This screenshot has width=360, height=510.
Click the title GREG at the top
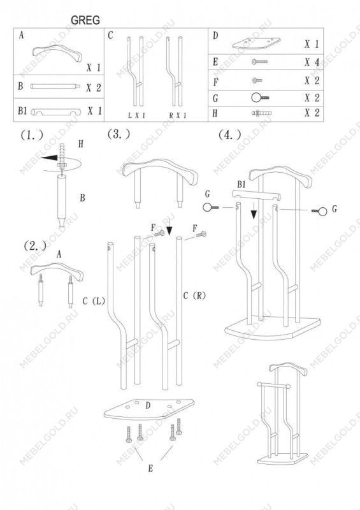pos(85,20)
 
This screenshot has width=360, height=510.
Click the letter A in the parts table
pos(22,35)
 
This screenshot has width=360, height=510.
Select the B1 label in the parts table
pos(22,110)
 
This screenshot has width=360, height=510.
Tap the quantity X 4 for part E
pos(312,62)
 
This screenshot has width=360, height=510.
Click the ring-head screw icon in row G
pos(260,98)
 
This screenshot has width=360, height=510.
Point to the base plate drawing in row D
pos(257,43)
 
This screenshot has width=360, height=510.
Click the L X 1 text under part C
pos(136,115)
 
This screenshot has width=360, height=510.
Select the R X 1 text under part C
pos(178,115)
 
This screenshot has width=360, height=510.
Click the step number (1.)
pos(32,135)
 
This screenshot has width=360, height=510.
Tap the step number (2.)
pos(35,246)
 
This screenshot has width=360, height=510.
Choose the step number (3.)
pos(119,134)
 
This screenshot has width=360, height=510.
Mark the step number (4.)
pos(230,135)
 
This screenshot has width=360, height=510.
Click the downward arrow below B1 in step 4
pos(254,210)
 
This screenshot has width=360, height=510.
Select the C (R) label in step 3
pos(194,296)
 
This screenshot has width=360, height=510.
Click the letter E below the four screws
pos(150,468)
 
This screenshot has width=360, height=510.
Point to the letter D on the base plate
pos(148,405)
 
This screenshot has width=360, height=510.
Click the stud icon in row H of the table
pos(261,113)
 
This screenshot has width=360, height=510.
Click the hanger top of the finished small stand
pos(288,368)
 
